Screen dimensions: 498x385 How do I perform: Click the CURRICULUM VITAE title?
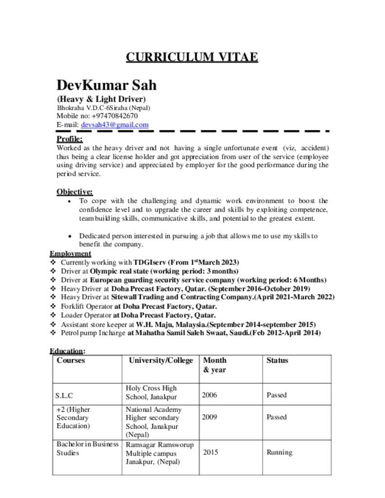(x=192, y=57)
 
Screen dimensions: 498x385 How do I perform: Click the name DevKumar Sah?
(x=107, y=85)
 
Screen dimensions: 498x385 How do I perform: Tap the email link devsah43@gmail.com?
(x=114, y=125)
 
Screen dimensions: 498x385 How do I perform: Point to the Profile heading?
(x=70, y=139)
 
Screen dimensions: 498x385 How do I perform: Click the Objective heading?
(x=74, y=192)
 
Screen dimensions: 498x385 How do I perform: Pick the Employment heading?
(x=70, y=253)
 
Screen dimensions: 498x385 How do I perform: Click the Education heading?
(x=66, y=351)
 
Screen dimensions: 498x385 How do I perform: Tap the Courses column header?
(x=71, y=360)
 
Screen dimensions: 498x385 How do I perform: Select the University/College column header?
(x=161, y=360)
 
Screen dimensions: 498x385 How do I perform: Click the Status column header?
(x=277, y=360)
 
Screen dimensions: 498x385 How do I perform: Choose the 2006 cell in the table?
(x=209, y=395)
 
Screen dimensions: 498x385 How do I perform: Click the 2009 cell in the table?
(x=209, y=417)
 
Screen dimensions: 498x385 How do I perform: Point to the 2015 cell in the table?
(x=210, y=452)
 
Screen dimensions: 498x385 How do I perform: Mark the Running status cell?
(x=279, y=452)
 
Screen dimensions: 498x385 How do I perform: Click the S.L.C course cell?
(x=65, y=395)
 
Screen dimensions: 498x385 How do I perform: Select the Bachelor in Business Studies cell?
(x=87, y=448)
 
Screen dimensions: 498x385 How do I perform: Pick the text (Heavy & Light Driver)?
(x=101, y=100)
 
